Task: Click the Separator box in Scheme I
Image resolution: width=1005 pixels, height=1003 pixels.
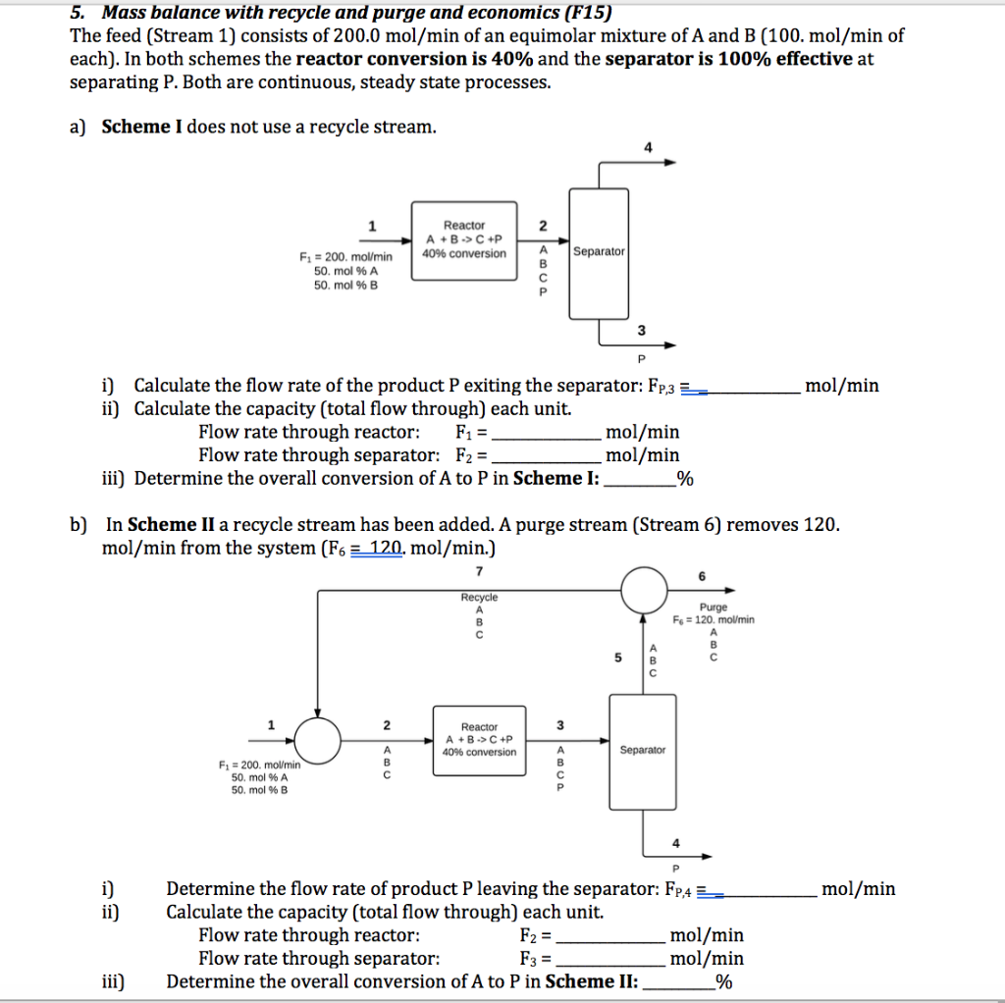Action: (x=599, y=252)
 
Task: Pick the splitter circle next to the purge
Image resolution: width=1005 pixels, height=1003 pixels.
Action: (x=644, y=589)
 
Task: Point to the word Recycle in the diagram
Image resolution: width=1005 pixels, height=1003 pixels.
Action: (x=479, y=597)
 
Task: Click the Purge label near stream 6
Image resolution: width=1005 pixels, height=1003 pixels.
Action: (x=714, y=607)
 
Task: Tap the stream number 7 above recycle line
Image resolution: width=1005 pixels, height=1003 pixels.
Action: (x=480, y=571)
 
